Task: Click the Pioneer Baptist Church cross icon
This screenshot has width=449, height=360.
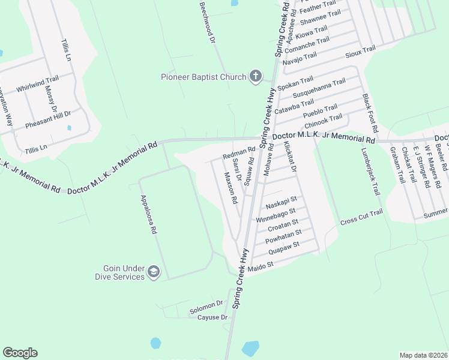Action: (255, 76)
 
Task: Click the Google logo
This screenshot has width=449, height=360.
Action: (20, 353)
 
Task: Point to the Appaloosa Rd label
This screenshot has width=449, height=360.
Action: (148, 214)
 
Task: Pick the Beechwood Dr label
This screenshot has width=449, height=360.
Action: (207, 23)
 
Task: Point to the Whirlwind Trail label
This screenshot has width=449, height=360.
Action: (37, 83)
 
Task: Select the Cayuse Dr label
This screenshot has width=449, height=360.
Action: (213, 317)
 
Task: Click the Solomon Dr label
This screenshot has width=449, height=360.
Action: (206, 307)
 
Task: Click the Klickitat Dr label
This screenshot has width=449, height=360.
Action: (291, 158)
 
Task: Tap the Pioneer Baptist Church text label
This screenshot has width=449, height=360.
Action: (203, 77)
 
